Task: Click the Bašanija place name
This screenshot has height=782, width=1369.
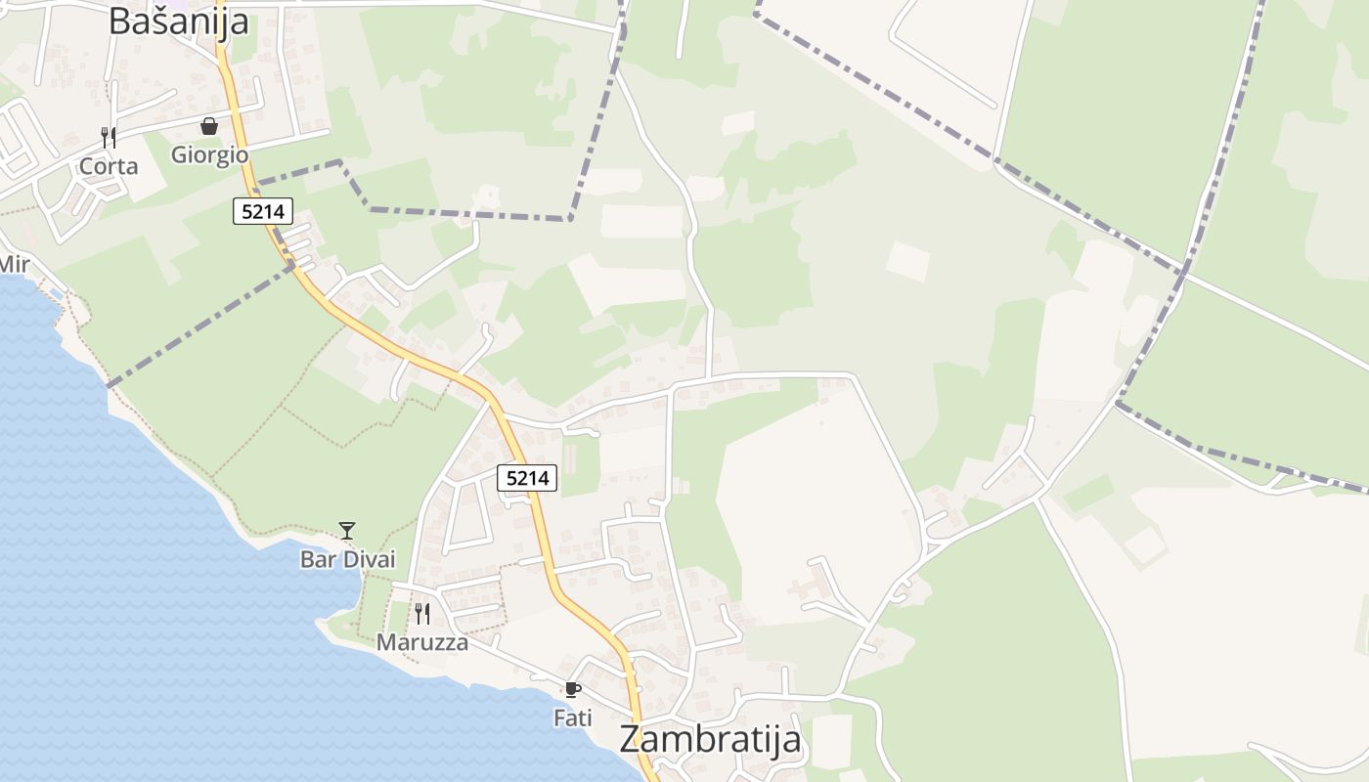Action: pyautogui.click(x=178, y=21)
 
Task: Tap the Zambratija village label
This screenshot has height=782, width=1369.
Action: pyautogui.click(x=710, y=739)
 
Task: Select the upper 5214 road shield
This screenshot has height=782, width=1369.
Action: pyautogui.click(x=263, y=210)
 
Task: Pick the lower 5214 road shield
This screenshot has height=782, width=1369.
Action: pyautogui.click(x=527, y=478)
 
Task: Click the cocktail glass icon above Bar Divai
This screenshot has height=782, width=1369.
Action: pyautogui.click(x=347, y=531)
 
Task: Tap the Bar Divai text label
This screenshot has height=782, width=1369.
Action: pyautogui.click(x=347, y=560)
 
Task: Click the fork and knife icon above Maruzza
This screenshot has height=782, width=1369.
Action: pyautogui.click(x=421, y=614)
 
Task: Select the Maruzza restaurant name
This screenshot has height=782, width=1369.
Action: pyautogui.click(x=421, y=643)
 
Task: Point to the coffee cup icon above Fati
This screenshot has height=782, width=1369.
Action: pyautogui.click(x=573, y=690)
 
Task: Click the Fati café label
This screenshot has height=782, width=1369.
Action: pyautogui.click(x=573, y=718)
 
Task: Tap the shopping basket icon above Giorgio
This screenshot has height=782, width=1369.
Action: pyautogui.click(x=209, y=126)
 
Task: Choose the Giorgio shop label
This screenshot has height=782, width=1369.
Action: pyautogui.click(x=209, y=154)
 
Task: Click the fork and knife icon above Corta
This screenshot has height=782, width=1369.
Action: pyautogui.click(x=109, y=138)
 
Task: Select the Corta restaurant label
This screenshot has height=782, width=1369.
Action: pyautogui.click(x=109, y=166)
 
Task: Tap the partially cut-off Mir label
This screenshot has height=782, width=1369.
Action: pyautogui.click(x=14, y=264)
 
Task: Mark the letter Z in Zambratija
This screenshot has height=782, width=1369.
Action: pyautogui.click(x=632, y=739)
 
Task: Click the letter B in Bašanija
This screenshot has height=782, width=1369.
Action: pyautogui.click(x=119, y=21)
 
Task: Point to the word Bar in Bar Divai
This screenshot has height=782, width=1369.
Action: pyautogui.click(x=316, y=560)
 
